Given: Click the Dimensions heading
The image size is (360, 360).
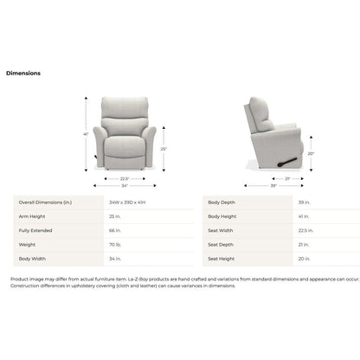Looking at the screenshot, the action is pos(23,74).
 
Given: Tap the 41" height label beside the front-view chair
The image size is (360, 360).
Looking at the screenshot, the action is pos(87,133).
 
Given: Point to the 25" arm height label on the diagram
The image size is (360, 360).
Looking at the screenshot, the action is pos(164,150).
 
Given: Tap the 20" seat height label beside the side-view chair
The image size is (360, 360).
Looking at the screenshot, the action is pos(311,154).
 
